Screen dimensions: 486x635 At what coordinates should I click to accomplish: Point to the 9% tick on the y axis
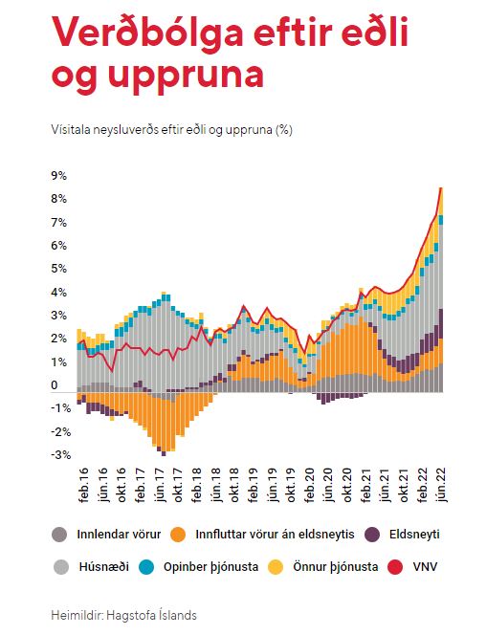pos(58,175)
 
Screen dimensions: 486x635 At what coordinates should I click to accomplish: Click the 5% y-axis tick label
pos(58,269)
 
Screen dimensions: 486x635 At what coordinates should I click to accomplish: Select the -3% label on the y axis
pos(61,455)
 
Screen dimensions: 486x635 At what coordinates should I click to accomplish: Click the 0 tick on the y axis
pos(55,385)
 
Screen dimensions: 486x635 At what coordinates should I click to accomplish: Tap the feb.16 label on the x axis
pos(83,486)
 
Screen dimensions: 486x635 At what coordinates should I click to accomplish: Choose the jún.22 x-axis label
pos(441,485)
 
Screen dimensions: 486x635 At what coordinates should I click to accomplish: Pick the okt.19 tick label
pos(291,486)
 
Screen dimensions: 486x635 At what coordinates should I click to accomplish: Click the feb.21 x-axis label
pos(365,486)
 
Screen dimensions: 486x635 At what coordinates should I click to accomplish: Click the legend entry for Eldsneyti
pos(402,535)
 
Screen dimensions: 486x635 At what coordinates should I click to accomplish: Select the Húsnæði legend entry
pos(91,566)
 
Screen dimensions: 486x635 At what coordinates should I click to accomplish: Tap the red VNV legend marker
pos(395,566)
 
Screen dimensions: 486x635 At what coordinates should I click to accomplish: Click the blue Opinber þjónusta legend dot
pos(146,566)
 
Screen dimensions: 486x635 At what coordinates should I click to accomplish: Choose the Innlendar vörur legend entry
pos(106,535)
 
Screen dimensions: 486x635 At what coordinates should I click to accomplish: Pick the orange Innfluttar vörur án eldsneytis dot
pos(178,535)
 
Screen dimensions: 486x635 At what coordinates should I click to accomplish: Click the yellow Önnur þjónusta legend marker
pos(276,566)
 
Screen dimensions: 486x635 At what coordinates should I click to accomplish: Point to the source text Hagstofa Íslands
pos(151,615)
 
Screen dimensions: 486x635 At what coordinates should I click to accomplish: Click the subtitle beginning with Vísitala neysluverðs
pos(171,130)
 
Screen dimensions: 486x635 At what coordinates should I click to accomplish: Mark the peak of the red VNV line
pos(441,187)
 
